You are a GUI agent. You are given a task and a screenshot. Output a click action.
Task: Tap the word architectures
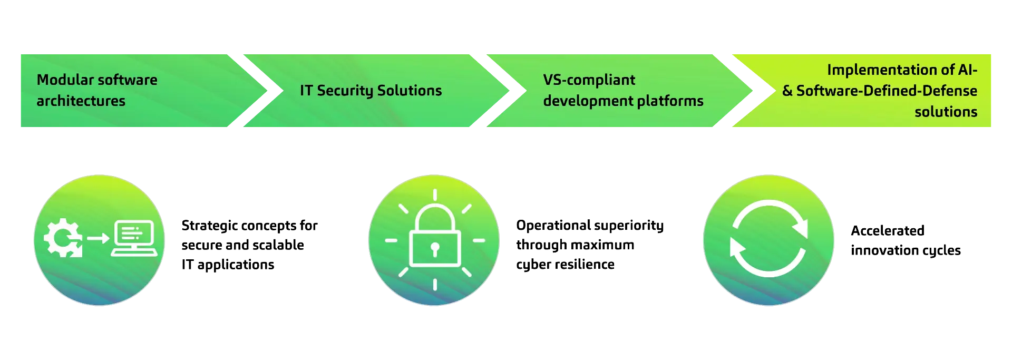[81, 101]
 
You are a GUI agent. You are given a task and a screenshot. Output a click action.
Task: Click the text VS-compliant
[589, 80]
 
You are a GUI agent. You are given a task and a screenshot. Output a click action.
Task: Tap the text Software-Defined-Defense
[887, 91]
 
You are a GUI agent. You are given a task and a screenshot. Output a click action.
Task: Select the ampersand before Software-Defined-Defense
[787, 91]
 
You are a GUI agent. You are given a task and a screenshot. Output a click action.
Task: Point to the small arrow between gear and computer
[98, 239]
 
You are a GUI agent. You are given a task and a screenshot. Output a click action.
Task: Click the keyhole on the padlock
[435, 249]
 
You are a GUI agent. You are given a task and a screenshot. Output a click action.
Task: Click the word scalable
[278, 245]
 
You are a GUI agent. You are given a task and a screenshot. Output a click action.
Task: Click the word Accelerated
[888, 231]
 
